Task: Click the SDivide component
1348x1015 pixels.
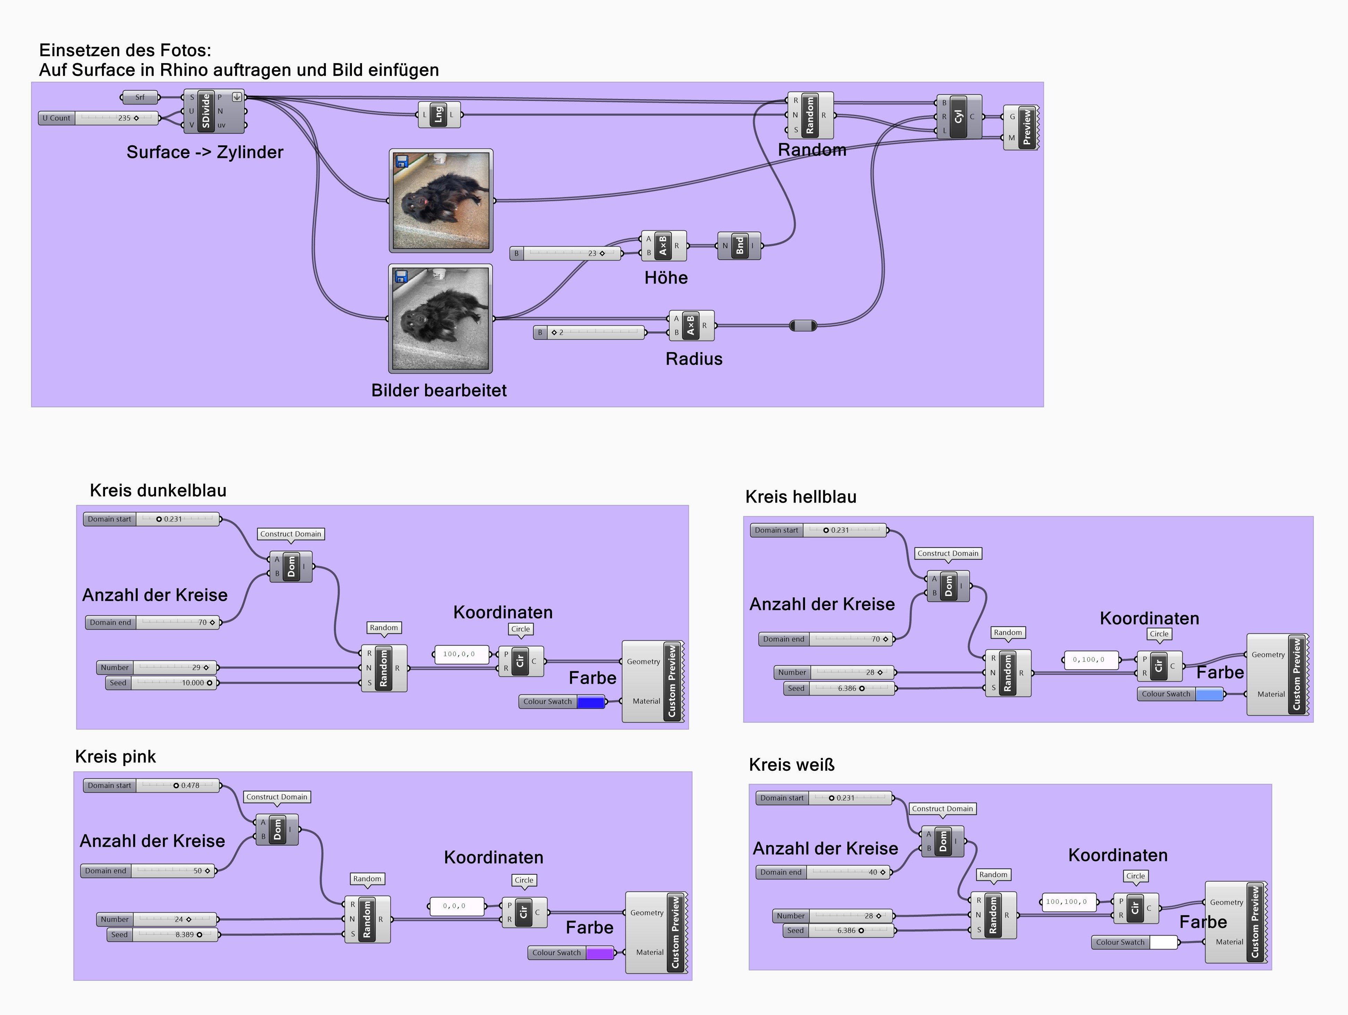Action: click(x=206, y=111)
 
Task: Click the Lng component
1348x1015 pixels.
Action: click(x=438, y=114)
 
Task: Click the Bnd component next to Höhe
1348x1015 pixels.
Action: click(x=739, y=246)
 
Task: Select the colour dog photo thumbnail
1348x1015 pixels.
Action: click(x=441, y=201)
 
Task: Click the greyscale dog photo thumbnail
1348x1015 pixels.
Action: click(x=441, y=318)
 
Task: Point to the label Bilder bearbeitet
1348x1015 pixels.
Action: click(x=439, y=391)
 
